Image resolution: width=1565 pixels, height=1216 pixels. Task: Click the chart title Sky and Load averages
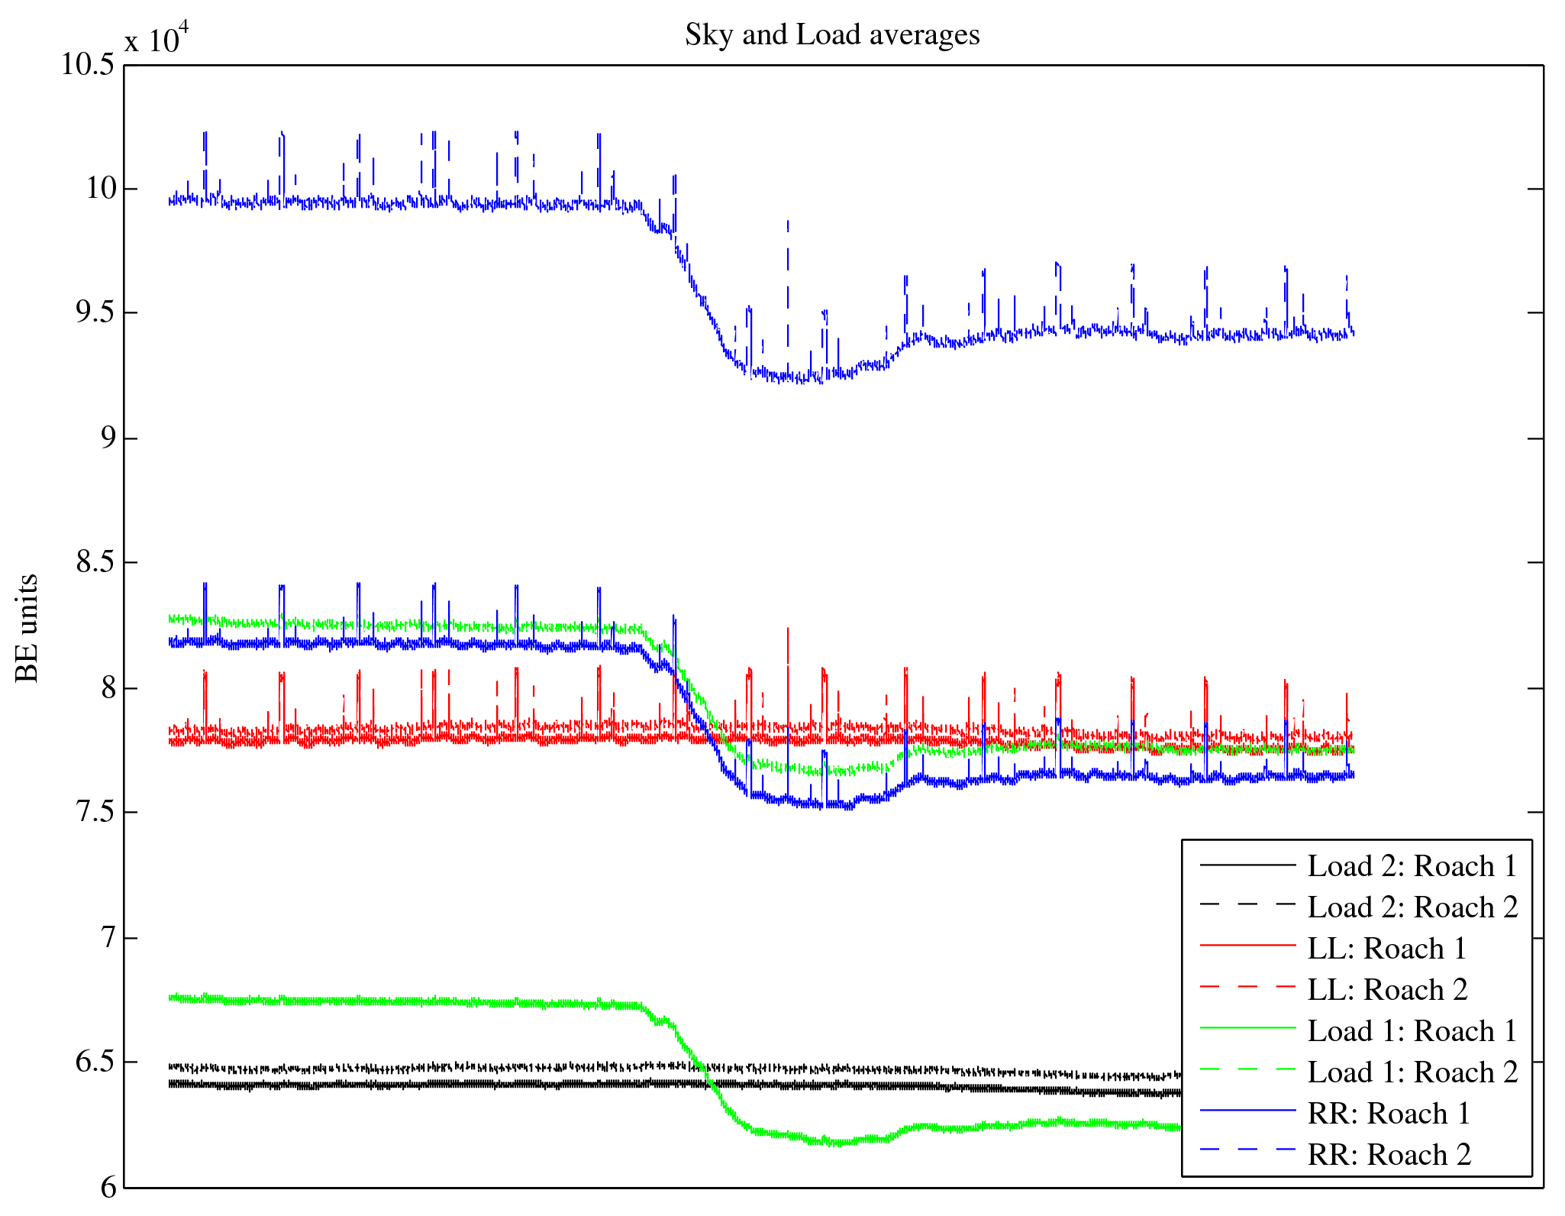pos(831,35)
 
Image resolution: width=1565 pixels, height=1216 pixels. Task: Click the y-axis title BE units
pos(27,628)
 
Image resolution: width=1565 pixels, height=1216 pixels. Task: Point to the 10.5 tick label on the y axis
pos(88,65)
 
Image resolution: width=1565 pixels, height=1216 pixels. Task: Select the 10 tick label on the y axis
pos(100,188)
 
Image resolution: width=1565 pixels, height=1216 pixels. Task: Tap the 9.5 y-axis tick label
pos(95,313)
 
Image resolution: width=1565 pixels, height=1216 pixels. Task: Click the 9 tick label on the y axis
pos(106,438)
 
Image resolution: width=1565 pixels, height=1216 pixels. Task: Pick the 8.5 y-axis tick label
pos(95,563)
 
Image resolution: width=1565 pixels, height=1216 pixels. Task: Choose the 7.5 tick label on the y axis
pos(95,812)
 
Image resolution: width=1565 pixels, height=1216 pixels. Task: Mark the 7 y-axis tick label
pos(106,937)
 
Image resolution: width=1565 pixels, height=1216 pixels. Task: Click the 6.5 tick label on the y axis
pos(95,1062)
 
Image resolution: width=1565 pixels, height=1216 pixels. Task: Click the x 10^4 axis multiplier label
pos(156,38)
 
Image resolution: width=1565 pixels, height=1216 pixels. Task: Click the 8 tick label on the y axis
pos(106,687)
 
